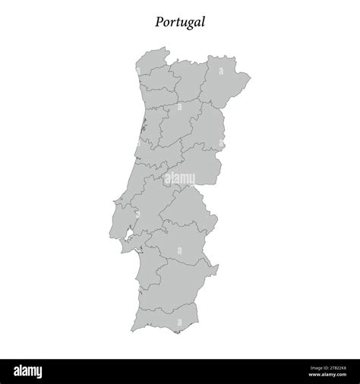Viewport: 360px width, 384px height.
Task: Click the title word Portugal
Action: point(180,22)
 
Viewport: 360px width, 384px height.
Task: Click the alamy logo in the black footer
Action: point(39,370)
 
